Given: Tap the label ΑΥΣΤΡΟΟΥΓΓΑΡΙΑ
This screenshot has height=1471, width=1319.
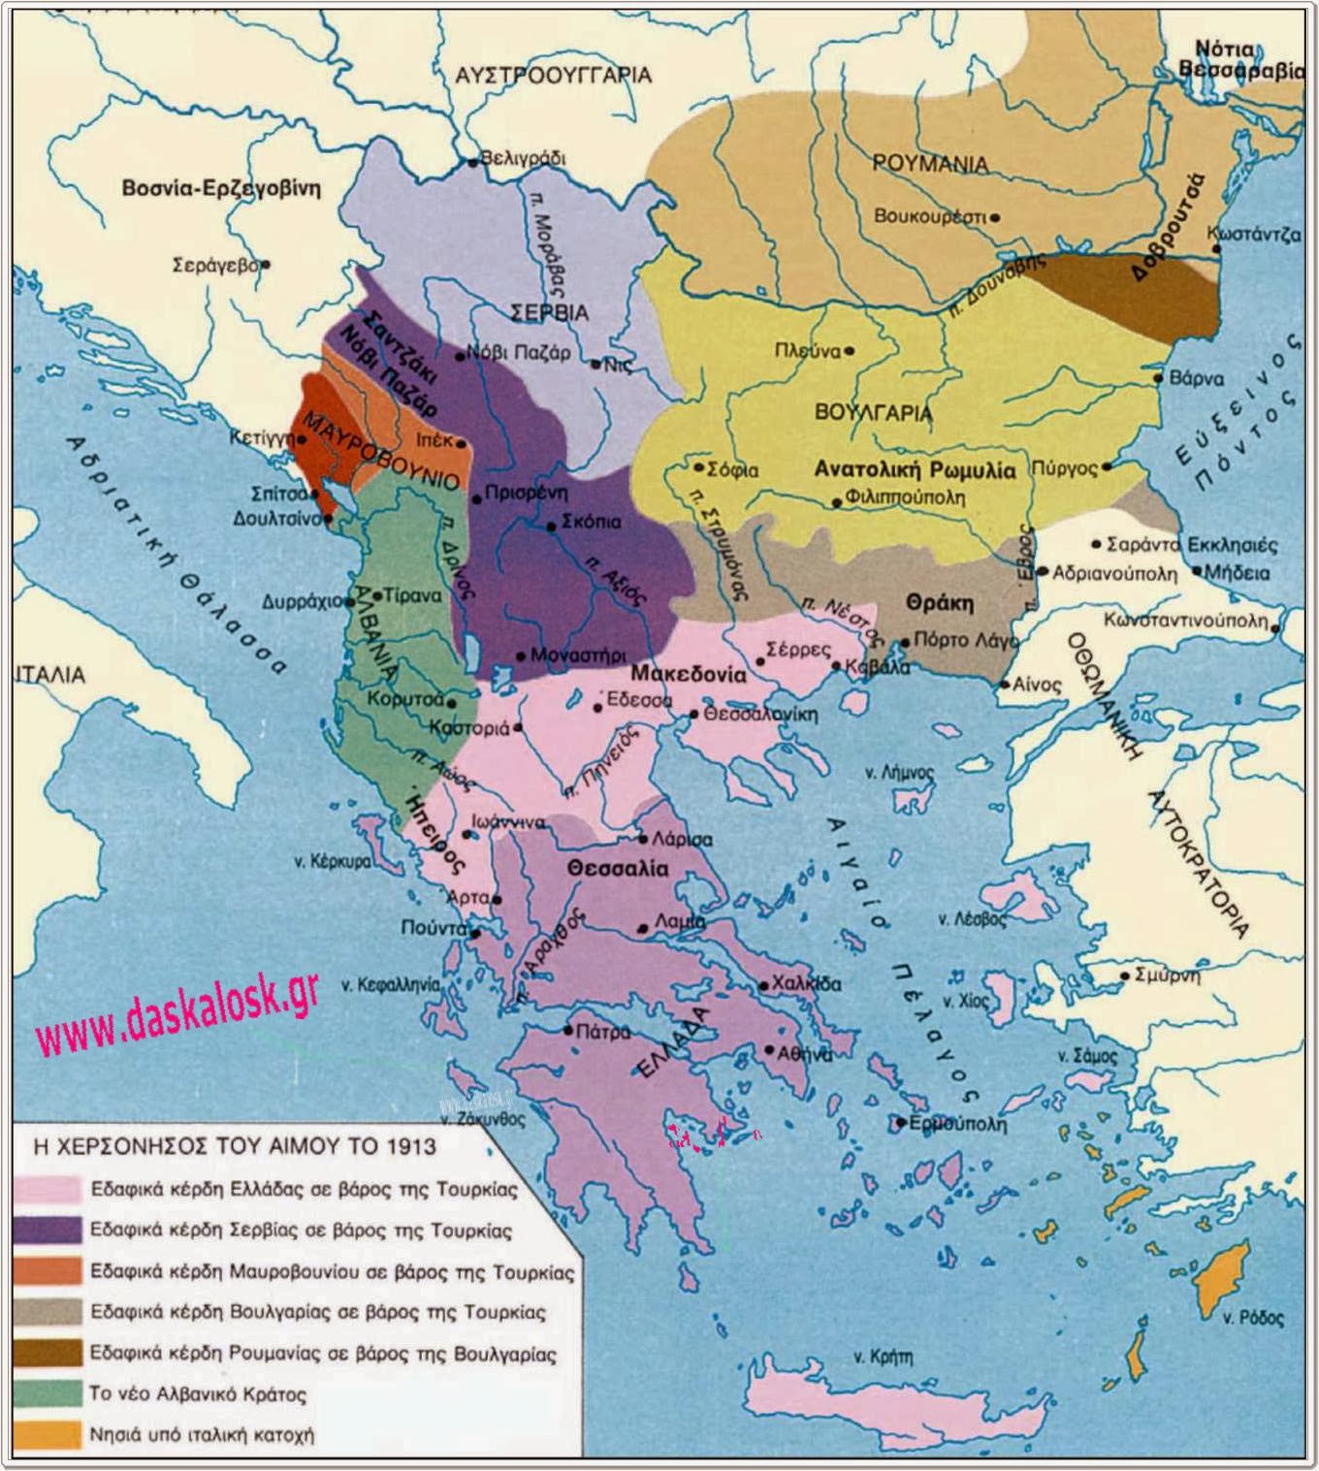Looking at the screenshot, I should coord(554,75).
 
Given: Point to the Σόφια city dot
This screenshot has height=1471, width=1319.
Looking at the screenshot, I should coord(697,467).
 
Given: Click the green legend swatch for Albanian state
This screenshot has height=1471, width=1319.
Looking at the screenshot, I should coord(48,1393).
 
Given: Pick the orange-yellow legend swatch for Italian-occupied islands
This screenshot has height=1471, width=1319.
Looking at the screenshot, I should coord(48,1435).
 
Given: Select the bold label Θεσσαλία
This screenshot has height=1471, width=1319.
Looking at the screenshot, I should coord(619,869).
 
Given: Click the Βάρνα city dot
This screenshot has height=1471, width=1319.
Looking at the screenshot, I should coord(1157,379).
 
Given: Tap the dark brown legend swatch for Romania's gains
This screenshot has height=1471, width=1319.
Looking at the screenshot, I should coord(48,1353).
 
